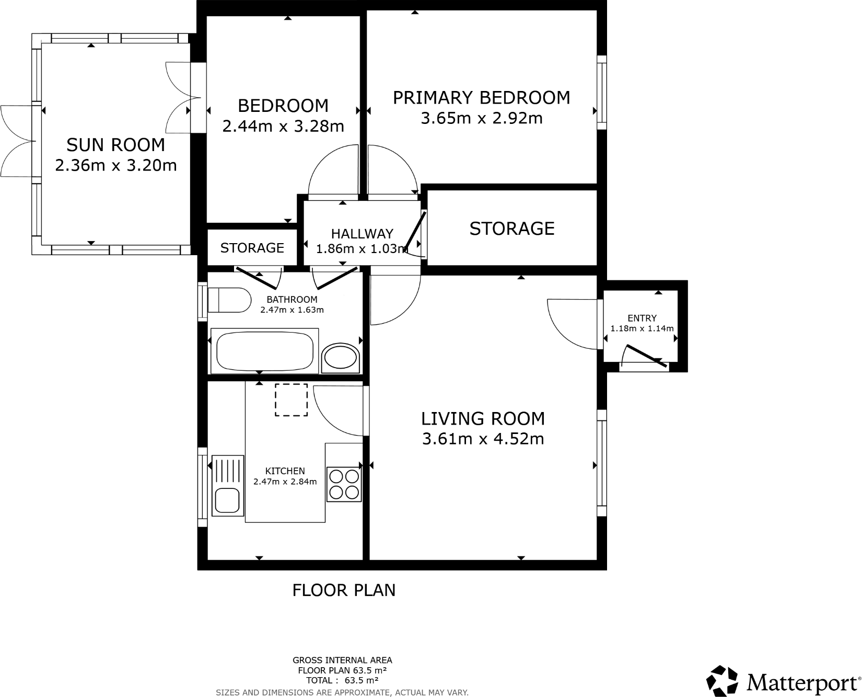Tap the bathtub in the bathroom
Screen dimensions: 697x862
(x=264, y=351)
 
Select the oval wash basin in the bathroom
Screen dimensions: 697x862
(x=341, y=358)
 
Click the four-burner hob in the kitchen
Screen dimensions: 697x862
(x=344, y=484)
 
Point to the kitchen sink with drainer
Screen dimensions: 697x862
(x=227, y=485)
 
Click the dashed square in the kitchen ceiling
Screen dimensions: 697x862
(x=291, y=399)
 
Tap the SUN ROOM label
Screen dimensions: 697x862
(x=115, y=145)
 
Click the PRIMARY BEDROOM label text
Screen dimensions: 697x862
(x=481, y=98)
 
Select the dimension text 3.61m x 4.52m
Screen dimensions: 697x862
(x=483, y=439)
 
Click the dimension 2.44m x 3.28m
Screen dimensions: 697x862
(x=283, y=126)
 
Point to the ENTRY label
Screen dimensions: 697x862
(x=642, y=318)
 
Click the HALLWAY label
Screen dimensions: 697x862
(x=362, y=234)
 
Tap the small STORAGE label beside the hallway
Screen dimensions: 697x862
(x=252, y=248)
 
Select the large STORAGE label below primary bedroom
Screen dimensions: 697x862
(x=511, y=228)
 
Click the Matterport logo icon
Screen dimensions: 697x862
(x=723, y=681)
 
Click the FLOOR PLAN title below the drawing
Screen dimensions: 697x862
(x=344, y=590)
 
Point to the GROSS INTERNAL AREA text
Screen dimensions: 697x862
(x=342, y=660)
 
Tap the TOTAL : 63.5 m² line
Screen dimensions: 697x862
(x=342, y=680)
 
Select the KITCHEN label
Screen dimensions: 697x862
(x=285, y=471)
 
